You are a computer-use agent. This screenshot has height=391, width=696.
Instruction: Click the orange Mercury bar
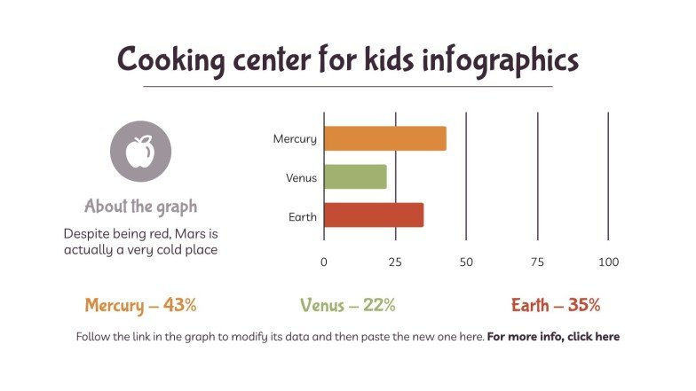384,138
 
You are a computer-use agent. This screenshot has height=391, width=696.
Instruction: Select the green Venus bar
355,177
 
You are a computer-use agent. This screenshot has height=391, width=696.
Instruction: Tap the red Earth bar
373,215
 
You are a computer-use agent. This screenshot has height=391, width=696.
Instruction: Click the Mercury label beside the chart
295,139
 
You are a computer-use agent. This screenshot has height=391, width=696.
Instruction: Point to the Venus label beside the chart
301,178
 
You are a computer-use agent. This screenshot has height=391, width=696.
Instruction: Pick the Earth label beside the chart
303,216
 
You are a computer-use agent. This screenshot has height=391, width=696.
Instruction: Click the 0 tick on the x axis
324,262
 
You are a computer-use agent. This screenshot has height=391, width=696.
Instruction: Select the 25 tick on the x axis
395,262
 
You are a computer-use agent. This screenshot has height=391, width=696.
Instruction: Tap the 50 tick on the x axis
466,262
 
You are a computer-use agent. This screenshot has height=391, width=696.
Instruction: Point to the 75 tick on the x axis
537,262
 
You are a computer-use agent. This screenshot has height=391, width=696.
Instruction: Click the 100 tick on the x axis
608,262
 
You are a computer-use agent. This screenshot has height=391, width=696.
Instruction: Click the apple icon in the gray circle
140,152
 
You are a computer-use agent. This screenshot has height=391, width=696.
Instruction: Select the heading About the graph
140,207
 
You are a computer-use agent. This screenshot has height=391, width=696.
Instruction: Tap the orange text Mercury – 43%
140,306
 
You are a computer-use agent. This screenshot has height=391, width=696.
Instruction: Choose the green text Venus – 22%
347,306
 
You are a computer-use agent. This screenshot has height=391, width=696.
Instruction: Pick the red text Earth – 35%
556,306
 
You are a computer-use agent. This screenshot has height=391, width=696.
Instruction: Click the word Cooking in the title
166,61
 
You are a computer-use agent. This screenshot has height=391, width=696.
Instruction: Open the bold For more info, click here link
553,337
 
